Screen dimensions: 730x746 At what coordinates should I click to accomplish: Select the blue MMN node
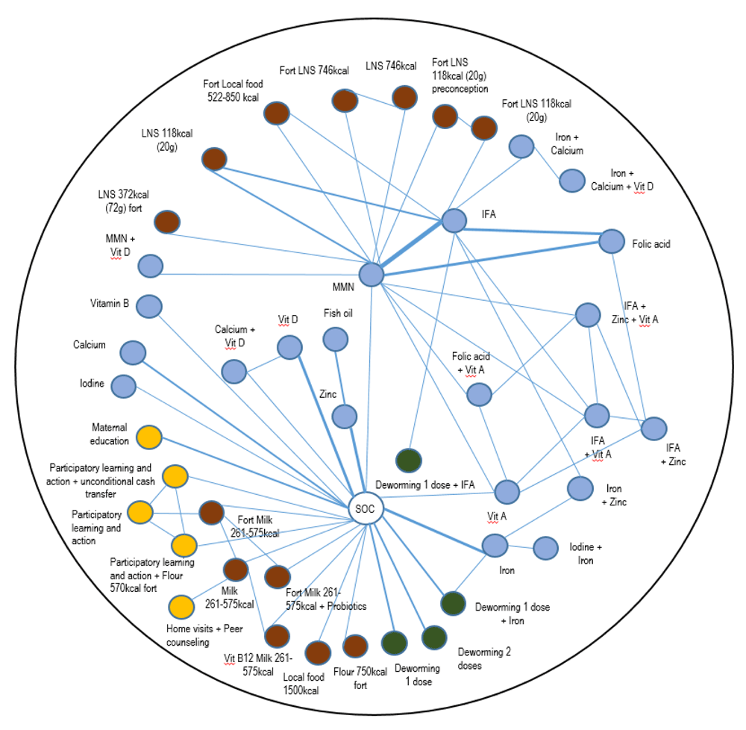pos(371,274)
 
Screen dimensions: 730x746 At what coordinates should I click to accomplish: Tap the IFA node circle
pos(454,220)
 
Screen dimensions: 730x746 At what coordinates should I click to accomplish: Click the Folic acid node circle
pos(611,241)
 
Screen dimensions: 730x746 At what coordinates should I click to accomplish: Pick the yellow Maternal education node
pos(149,437)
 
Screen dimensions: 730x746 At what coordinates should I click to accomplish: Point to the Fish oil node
pos(335,340)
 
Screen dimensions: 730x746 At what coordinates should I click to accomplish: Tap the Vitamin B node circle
pos(149,305)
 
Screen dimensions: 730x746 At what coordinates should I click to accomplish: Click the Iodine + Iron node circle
pos(545,548)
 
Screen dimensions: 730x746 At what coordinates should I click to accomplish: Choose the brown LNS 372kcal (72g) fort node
pos(167,222)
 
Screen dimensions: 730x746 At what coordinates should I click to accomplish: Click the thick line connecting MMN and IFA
pos(412,247)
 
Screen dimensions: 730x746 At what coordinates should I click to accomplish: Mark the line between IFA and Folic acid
pos(532,231)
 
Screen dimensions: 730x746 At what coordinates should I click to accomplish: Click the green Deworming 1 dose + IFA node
pos(408,461)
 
